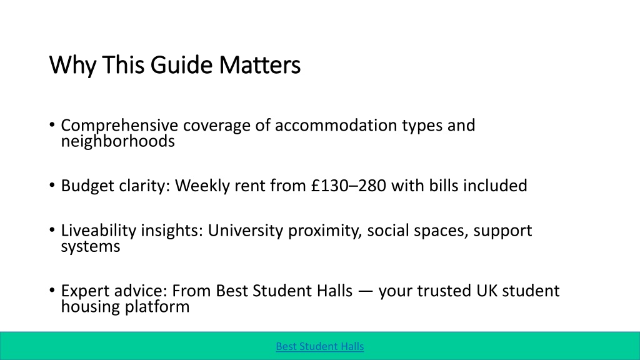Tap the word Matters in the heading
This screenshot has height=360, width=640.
[x=259, y=64]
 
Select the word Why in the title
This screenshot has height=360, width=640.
[x=72, y=65]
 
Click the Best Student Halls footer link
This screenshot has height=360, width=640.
[x=319, y=346]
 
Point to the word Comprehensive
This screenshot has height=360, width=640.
[x=119, y=125]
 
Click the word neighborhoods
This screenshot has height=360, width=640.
[x=117, y=141]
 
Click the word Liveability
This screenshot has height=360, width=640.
[x=98, y=231]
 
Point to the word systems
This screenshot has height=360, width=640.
[x=90, y=247]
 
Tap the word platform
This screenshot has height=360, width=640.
[x=157, y=307]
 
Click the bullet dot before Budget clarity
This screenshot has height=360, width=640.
[x=52, y=185]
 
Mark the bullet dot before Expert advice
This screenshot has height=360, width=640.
[x=52, y=291]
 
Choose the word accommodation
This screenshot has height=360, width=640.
[x=336, y=125]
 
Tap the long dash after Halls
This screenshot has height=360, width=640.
[x=365, y=291]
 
